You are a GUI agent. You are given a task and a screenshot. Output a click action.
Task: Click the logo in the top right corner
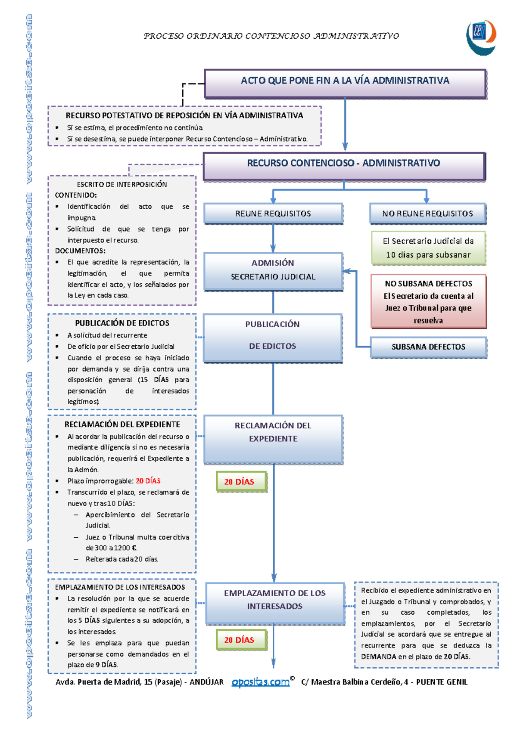(x=481, y=37)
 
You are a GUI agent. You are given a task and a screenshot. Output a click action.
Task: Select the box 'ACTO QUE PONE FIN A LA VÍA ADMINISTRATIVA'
(x=345, y=84)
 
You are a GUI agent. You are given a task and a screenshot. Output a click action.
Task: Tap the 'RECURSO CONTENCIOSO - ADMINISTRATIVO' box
(x=344, y=166)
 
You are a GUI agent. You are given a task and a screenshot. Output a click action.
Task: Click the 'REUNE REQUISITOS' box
(x=273, y=214)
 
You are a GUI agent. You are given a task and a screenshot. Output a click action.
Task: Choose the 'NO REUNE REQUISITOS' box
(x=427, y=214)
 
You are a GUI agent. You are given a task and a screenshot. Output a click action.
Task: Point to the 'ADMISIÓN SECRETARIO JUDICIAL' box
(x=273, y=272)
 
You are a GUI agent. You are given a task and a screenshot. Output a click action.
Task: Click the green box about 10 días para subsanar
(x=428, y=248)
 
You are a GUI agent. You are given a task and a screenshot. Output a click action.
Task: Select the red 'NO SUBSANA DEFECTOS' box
(x=428, y=301)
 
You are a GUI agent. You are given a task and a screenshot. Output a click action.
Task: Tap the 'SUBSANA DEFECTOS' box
(x=428, y=347)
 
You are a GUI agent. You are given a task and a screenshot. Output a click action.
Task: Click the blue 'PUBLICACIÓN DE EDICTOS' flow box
(x=273, y=338)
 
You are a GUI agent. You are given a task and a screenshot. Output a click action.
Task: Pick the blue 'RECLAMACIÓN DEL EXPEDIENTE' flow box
(x=273, y=440)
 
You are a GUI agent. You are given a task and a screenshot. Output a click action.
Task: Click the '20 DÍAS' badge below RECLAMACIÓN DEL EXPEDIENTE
(x=241, y=482)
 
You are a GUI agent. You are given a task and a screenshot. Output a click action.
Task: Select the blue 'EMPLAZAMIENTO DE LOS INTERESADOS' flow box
(x=275, y=604)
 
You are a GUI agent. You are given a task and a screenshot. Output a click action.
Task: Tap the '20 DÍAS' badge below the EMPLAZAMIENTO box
(x=241, y=640)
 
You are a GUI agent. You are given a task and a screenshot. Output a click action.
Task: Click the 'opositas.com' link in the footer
(x=261, y=682)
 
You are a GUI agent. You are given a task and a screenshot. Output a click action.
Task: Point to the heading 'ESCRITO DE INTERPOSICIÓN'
(x=122, y=185)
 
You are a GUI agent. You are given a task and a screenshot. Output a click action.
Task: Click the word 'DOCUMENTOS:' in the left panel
(x=80, y=251)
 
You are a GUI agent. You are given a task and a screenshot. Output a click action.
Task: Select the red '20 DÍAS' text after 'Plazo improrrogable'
(x=148, y=481)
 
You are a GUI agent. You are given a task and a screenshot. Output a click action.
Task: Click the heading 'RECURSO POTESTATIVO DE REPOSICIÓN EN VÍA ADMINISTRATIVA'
(x=184, y=115)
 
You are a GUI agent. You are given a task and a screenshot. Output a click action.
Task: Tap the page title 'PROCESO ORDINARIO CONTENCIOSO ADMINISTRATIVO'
(x=271, y=36)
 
